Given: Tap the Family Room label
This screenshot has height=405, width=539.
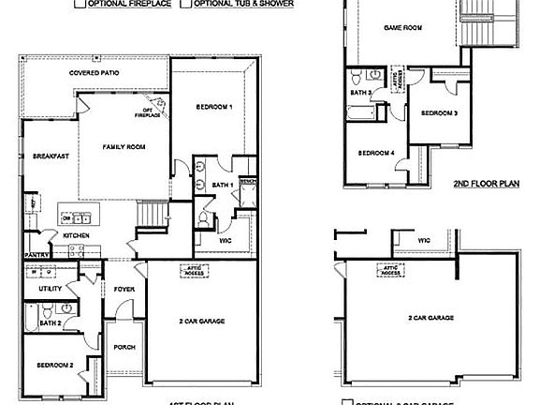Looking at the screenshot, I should [x=124, y=147].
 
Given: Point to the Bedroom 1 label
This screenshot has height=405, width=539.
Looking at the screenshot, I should [x=213, y=108].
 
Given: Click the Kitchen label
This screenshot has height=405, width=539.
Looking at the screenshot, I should [x=76, y=234].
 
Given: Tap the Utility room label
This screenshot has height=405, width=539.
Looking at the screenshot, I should [x=50, y=289].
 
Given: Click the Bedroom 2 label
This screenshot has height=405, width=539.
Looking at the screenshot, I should [x=54, y=364].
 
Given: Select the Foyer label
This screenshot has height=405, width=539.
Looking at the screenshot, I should [x=124, y=289].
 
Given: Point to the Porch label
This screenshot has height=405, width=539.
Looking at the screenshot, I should [x=124, y=347].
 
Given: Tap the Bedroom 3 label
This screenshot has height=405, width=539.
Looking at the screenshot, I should [x=439, y=113].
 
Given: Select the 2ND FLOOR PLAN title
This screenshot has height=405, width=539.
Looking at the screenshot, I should [x=486, y=185].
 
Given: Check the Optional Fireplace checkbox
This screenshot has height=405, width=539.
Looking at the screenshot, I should [x=80, y=4].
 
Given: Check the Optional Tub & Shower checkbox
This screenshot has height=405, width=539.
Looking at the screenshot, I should [x=187, y=4].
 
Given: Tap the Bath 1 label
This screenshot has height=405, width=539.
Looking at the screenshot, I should [x=223, y=185].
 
